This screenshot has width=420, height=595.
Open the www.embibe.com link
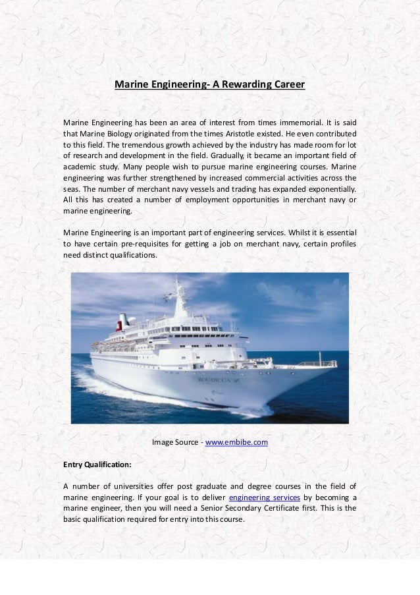[236, 441]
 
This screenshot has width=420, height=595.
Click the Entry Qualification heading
[97, 464]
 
